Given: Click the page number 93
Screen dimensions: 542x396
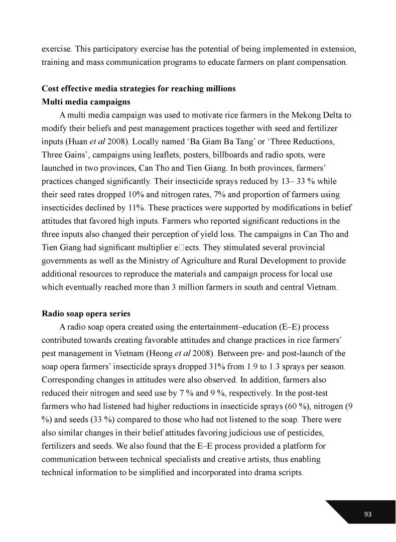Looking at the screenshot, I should [367, 514].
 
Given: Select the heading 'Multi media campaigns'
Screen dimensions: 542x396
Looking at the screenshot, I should [86, 102].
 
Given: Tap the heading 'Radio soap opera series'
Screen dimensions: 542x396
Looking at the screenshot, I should [86, 314].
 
